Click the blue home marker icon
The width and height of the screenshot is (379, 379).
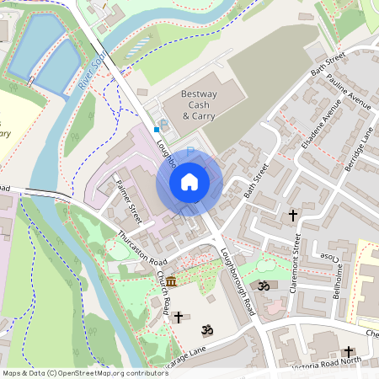click(189, 182)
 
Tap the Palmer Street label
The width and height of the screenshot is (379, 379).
click(131, 198)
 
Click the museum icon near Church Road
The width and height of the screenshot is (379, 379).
click(172, 280)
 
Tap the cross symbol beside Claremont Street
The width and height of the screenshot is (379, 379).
click(293, 216)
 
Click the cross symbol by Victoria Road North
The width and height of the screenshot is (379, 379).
click(349, 352)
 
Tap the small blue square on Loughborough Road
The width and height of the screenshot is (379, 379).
click(157, 131)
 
